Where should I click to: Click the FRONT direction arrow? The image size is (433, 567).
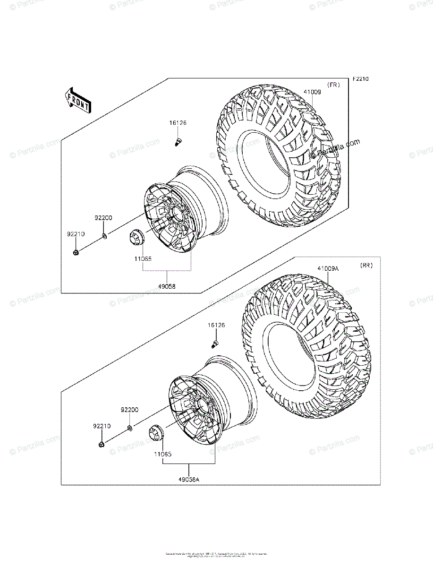pyautogui.click(x=78, y=101)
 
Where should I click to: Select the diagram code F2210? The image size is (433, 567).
pyautogui.click(x=360, y=79)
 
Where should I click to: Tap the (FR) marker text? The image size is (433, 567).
pyautogui.click(x=334, y=85)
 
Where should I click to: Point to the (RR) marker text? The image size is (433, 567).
pyautogui.click(x=366, y=266)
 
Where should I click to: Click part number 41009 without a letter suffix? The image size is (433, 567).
pyautogui.click(x=312, y=93)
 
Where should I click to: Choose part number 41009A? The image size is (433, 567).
pyautogui.click(x=328, y=269)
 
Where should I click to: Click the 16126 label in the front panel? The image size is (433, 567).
pyautogui.click(x=178, y=123)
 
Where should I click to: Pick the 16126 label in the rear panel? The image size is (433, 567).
pyautogui.click(x=216, y=326)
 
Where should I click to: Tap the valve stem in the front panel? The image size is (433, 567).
pyautogui.click(x=178, y=141)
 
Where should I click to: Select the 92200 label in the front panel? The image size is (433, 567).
pyautogui.click(x=103, y=218)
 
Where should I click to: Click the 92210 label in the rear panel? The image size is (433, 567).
pyautogui.click(x=102, y=426)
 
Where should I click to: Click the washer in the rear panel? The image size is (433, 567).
pyautogui.click(x=129, y=428)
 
